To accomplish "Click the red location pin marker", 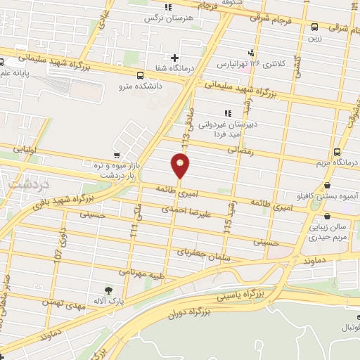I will pyautogui.click(x=180, y=167).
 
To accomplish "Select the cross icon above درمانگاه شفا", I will pyautogui.click(x=174, y=57).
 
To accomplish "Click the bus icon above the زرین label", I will pyautogui.click(x=314, y=27).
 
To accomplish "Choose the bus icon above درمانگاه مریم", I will pyautogui.click(x=337, y=151).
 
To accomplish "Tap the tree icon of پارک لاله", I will pyautogui.click(x=108, y=289).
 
